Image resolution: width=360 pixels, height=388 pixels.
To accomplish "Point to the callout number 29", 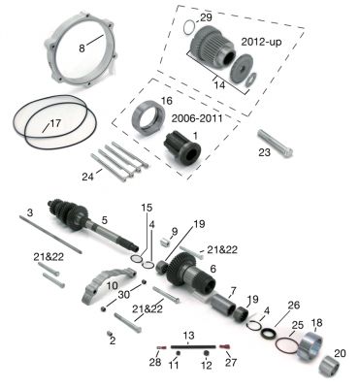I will [x=205, y=19].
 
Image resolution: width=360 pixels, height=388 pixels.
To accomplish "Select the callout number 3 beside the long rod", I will [x=29, y=210].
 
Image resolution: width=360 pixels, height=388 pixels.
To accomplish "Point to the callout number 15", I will [x=147, y=209].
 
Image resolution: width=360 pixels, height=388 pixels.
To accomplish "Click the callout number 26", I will [x=294, y=304].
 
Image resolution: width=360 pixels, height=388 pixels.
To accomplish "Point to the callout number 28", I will [x=154, y=363].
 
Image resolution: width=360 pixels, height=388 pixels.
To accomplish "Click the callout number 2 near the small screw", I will [x=113, y=340].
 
